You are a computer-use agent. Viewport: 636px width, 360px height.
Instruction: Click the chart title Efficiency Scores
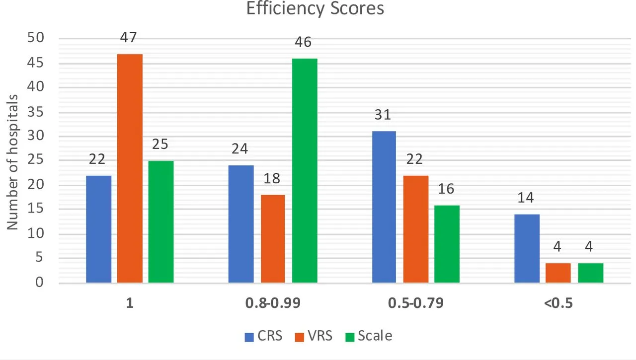(x=315, y=8)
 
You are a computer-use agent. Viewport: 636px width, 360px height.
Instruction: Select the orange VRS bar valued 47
(x=130, y=169)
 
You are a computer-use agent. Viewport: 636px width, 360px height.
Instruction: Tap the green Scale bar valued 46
(x=305, y=171)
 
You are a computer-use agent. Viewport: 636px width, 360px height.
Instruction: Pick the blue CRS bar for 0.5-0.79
(x=384, y=207)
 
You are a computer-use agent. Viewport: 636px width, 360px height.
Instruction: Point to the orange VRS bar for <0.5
(x=558, y=273)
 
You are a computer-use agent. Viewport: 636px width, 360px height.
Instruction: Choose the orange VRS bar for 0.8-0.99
(x=273, y=239)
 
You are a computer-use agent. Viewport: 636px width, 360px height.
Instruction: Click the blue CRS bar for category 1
(x=98, y=229)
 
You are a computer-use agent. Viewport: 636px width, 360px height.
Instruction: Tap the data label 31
(x=383, y=115)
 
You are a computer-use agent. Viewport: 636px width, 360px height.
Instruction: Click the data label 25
(x=160, y=144)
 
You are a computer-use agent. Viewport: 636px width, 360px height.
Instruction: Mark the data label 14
(x=526, y=198)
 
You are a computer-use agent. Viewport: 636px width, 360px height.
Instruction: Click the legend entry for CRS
(x=263, y=336)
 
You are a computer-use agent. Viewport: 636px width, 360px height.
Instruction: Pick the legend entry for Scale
(x=368, y=336)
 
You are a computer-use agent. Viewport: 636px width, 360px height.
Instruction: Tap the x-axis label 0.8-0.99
(x=273, y=303)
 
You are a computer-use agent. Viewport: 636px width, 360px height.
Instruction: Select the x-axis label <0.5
(x=558, y=303)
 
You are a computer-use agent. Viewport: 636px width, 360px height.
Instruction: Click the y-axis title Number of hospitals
(x=12, y=161)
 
